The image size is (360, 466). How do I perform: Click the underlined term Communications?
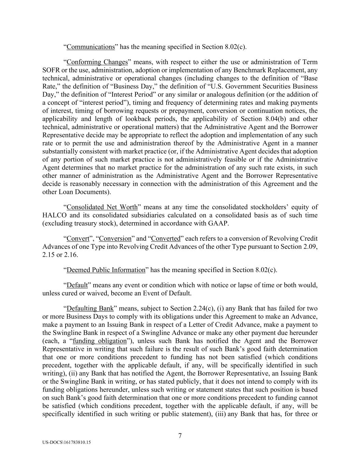coord(90,47)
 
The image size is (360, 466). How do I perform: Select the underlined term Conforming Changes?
coord(97,62)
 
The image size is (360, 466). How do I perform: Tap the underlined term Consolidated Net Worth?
coord(102,207)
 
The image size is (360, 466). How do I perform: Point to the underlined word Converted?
coord(165,239)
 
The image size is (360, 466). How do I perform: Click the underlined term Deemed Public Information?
coord(106,270)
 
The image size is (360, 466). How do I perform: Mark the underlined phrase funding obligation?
coord(100,341)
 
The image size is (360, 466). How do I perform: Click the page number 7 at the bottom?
coord(180,436)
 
